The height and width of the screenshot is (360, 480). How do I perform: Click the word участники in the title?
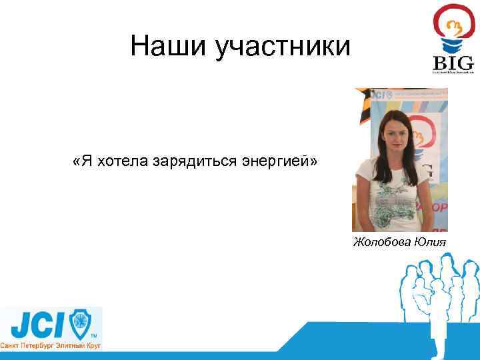(282, 47)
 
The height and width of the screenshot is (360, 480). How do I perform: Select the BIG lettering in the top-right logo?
(453, 63)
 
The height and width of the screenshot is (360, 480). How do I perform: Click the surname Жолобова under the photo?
(382, 241)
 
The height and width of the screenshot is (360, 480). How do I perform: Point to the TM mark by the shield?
(94, 335)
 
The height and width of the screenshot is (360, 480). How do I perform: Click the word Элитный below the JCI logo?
(67, 346)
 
